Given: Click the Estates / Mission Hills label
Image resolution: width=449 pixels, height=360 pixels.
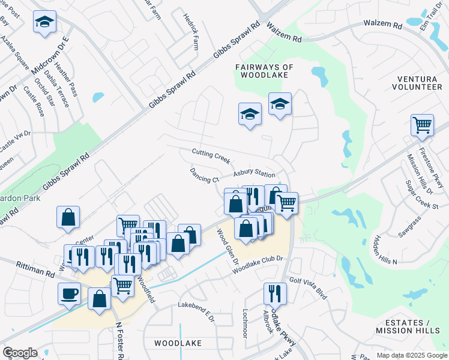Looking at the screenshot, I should pyautogui.click(x=403, y=326).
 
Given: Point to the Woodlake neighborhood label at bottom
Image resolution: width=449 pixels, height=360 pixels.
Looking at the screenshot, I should pyautogui.click(x=178, y=343).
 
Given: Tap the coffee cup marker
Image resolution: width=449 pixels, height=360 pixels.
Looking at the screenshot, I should pyautogui.click(x=69, y=293).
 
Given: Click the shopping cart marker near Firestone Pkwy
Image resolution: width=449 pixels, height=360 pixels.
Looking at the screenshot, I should pyautogui.click(x=422, y=125).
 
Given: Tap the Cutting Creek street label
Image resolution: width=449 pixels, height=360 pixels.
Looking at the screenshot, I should pyautogui.click(x=211, y=156).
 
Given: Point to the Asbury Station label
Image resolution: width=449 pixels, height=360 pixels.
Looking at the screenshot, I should pyautogui.click(x=255, y=173).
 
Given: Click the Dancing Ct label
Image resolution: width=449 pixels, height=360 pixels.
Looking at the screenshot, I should pyautogui.click(x=204, y=176).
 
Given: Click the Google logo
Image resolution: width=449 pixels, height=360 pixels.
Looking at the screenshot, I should pyautogui.click(x=20, y=352).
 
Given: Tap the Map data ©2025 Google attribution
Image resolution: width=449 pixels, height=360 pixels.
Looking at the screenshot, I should pyautogui.click(x=411, y=355).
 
